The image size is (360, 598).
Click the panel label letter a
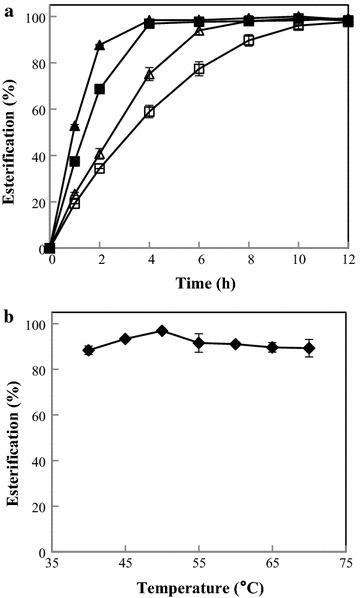(x=6, y=7)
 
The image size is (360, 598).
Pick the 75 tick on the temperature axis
(x=347, y=563)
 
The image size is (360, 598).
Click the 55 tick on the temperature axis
(x=199, y=563)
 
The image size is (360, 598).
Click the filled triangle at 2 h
(x=99, y=45)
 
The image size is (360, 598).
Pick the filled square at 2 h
(x=99, y=89)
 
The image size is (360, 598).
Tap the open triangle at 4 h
(x=149, y=74)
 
